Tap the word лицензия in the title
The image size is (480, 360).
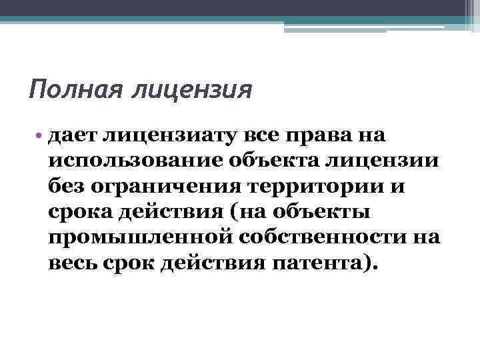click(193, 89)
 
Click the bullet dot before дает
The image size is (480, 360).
click(41, 137)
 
